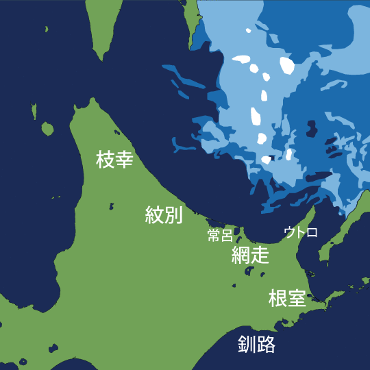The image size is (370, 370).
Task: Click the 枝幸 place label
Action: [114, 160]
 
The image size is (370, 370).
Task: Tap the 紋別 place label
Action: [164, 215]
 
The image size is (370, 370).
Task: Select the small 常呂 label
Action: [220, 236]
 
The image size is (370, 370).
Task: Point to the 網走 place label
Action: [250, 256]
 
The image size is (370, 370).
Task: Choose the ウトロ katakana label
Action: [301, 232]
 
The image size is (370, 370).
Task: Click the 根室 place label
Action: [287, 298]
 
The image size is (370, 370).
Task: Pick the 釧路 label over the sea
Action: [257, 344]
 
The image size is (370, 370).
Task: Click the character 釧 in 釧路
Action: [247, 344]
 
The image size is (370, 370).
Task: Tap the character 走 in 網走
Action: [260, 256]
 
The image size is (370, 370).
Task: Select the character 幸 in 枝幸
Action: [123, 160]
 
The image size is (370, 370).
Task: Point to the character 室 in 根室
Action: [297, 298]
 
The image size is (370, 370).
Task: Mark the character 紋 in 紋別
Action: [155, 215]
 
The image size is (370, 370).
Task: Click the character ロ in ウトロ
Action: [312, 232]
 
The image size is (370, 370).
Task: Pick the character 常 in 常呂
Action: [214, 236]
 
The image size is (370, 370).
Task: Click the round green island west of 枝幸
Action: [47, 128]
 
